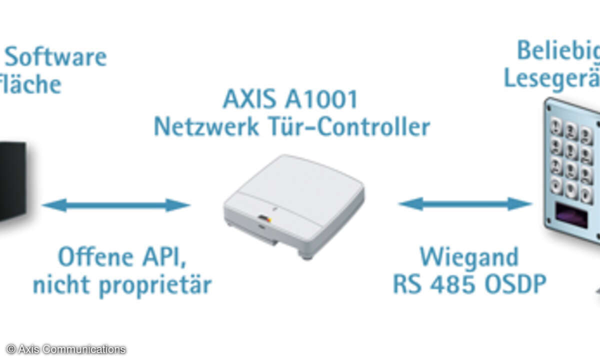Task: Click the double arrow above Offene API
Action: [116, 205]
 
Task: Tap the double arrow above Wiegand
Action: [465, 203]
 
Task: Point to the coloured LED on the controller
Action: [265, 218]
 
